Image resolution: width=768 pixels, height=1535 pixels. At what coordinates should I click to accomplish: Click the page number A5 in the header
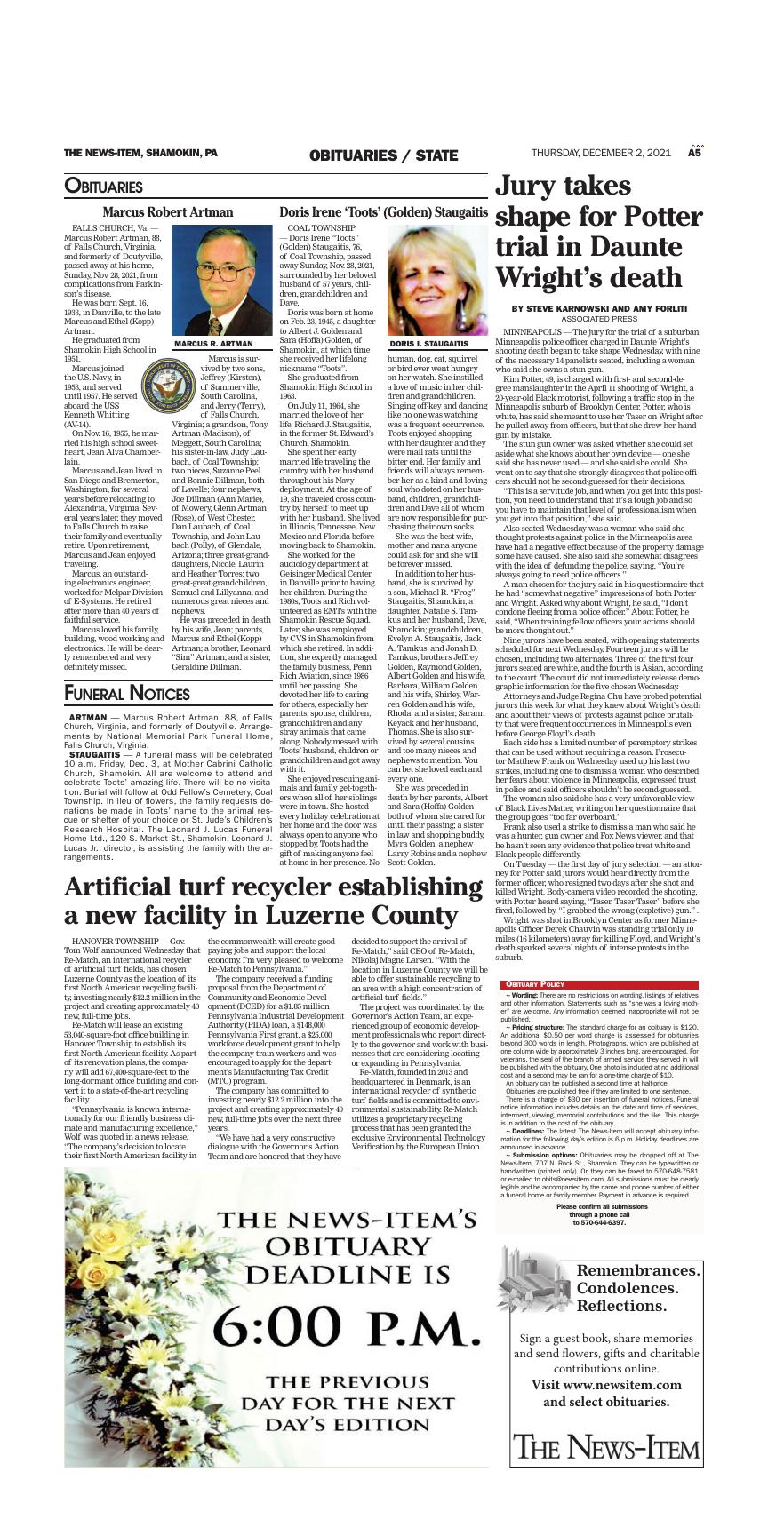tap(695, 153)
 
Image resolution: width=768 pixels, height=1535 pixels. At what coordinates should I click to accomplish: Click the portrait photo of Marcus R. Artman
tap(220, 281)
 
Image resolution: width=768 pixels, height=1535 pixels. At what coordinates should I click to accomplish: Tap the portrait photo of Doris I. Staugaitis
tap(437, 281)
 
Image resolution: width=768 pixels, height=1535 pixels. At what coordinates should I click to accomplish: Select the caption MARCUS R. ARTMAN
tap(213, 344)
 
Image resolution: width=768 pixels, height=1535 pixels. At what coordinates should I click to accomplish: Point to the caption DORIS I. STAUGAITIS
tap(429, 344)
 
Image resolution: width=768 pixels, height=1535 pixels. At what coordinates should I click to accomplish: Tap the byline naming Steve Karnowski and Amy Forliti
tap(598, 308)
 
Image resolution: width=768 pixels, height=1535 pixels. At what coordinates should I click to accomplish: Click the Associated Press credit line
tap(598, 318)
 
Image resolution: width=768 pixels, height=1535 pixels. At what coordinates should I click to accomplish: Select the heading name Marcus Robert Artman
tap(168, 212)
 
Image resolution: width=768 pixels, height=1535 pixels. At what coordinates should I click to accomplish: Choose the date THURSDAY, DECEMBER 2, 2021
tap(604, 154)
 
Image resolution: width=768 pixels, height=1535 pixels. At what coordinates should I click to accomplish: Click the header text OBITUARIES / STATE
tap(384, 155)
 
